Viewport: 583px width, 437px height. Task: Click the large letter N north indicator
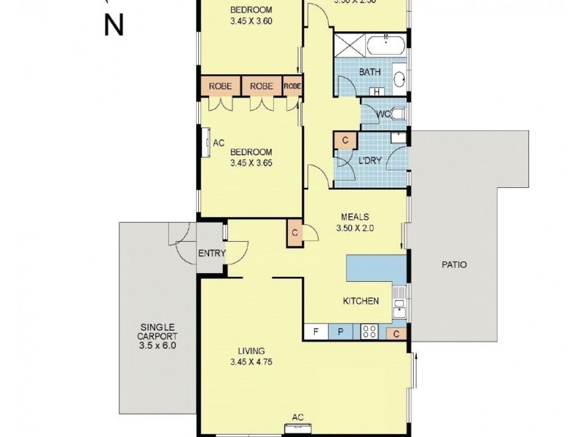[113, 25]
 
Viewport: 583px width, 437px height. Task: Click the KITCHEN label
[361, 301]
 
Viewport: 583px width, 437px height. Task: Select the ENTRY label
[212, 253]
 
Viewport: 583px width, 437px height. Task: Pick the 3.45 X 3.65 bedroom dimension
[250, 164]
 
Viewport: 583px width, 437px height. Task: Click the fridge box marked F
[316, 332]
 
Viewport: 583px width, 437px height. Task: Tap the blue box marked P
[340, 332]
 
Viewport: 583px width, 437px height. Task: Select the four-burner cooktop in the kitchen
[369, 332]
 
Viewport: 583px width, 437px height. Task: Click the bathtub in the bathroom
[386, 47]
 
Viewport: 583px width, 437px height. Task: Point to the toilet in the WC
[398, 114]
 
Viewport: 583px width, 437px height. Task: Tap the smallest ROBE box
[293, 86]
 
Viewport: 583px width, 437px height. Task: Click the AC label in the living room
[297, 417]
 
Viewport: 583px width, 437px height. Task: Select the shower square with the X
[349, 47]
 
